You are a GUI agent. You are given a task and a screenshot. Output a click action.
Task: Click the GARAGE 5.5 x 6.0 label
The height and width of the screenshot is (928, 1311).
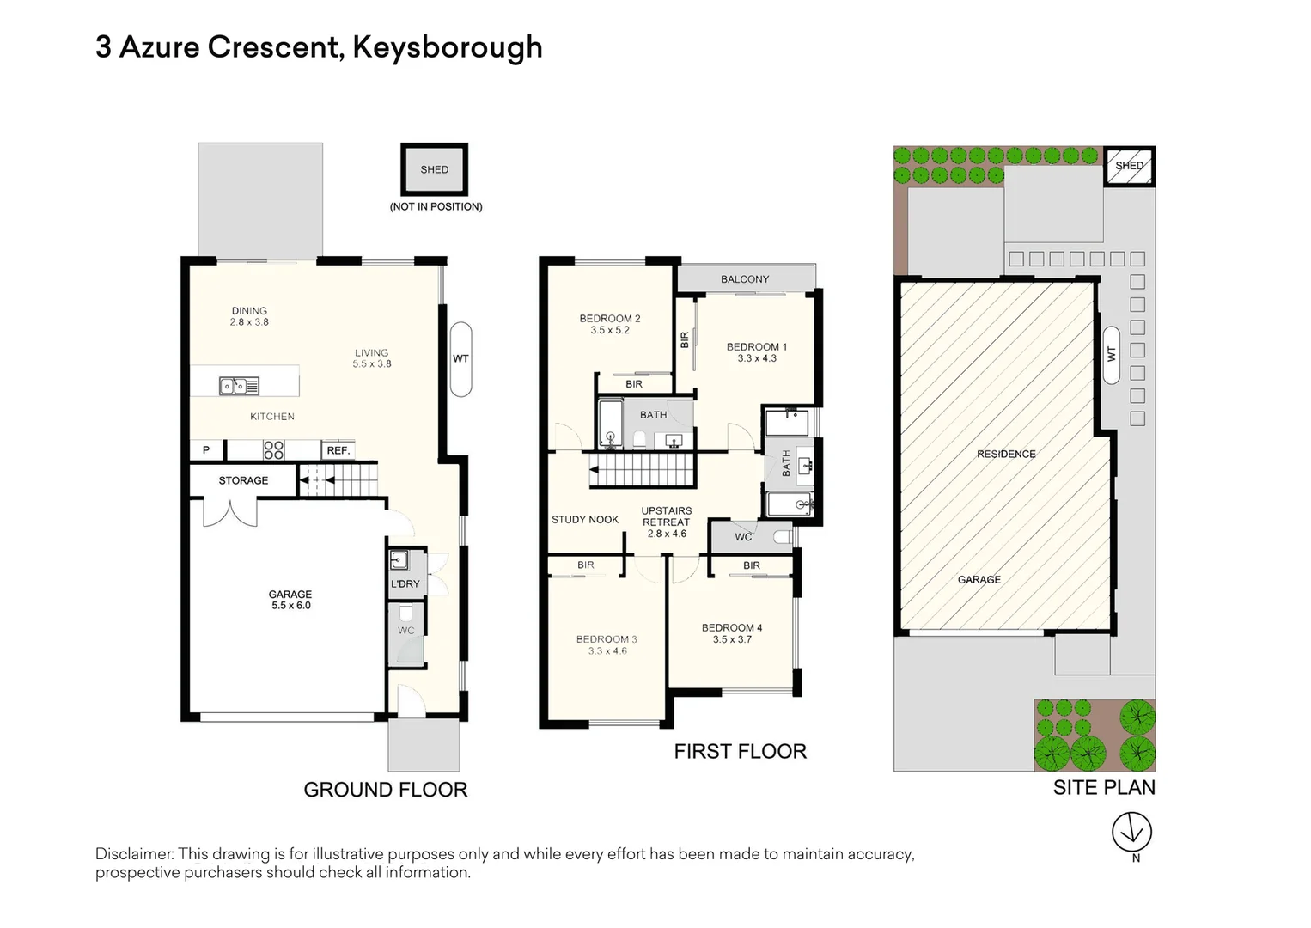tap(290, 600)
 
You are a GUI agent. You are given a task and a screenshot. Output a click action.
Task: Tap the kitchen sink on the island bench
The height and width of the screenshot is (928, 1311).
tap(239, 386)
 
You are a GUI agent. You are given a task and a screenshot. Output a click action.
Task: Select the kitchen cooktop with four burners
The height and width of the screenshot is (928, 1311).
tap(273, 450)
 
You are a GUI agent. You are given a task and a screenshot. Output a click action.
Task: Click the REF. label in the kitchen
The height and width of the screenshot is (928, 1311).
tap(338, 450)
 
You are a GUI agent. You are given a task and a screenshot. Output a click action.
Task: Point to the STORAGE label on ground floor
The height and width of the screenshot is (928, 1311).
tap(243, 480)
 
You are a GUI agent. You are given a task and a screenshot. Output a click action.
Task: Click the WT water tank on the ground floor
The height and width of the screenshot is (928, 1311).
tap(460, 359)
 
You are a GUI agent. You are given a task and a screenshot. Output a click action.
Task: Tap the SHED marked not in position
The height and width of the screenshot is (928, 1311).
tap(434, 170)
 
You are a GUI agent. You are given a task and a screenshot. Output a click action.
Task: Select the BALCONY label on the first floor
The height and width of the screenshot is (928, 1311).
tap(745, 279)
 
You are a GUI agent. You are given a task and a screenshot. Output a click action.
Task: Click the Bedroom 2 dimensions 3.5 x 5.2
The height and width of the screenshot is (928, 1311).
tap(610, 330)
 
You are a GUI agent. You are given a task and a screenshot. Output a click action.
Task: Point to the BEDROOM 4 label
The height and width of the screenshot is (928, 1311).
tap(732, 628)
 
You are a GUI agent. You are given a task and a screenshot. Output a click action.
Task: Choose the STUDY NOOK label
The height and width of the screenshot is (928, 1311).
tap(585, 520)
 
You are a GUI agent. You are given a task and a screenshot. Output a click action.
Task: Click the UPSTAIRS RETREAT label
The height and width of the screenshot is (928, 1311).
tap(666, 516)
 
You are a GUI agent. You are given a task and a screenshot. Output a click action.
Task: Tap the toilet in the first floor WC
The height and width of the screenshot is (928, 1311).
tap(781, 537)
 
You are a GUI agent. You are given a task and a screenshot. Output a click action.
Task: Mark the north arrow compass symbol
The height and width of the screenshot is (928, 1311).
tap(1131, 832)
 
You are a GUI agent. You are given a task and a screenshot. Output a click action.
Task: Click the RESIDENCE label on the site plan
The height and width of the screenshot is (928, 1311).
tap(1006, 454)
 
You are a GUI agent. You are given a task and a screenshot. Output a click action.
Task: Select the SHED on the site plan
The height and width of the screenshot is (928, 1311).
tap(1129, 166)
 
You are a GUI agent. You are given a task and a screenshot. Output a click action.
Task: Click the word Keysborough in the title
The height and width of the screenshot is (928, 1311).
tap(447, 47)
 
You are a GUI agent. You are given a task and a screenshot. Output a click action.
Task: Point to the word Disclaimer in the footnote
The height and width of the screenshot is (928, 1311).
tap(135, 854)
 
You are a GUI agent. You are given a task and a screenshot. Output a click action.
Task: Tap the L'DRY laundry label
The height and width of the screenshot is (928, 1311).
tap(405, 584)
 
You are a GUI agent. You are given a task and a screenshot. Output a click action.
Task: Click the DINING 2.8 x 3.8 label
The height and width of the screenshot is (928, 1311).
tap(249, 316)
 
